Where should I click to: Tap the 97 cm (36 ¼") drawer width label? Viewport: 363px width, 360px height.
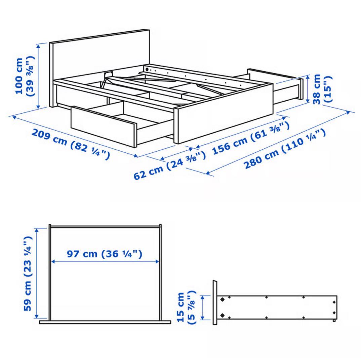pos(105,253)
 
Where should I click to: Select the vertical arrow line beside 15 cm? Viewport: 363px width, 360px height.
pos(203,308)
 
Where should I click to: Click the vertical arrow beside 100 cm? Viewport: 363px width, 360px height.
pos(40,76)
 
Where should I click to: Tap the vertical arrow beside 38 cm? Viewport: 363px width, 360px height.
pos(308,89)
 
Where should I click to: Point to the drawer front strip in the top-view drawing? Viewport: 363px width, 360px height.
pos(105,322)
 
